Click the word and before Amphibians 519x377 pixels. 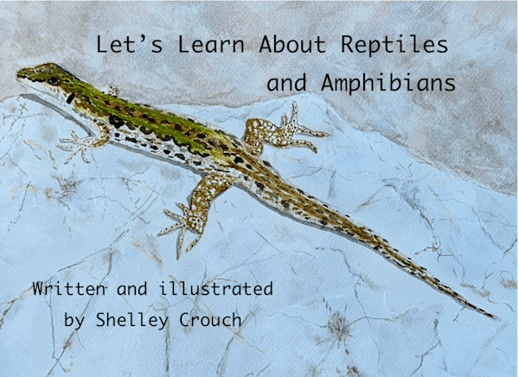coord(286,85)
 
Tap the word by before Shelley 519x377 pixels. coord(75,320)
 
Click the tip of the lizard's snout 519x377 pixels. coord(18,73)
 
